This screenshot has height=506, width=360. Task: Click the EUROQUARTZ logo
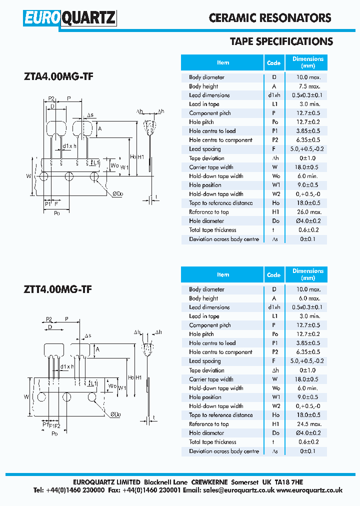[x=70, y=18]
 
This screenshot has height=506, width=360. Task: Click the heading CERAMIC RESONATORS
[x=270, y=18]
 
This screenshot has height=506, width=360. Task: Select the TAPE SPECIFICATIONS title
[x=281, y=41]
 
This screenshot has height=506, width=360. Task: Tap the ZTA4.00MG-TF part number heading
[x=58, y=76]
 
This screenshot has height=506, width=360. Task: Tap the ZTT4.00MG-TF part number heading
[x=57, y=289]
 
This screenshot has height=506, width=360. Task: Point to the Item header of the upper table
[x=223, y=62]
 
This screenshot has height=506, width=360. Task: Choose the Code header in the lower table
[x=273, y=274]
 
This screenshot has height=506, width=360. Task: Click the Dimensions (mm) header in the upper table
[x=308, y=62]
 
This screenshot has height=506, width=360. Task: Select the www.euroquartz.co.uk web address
[x=309, y=490]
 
